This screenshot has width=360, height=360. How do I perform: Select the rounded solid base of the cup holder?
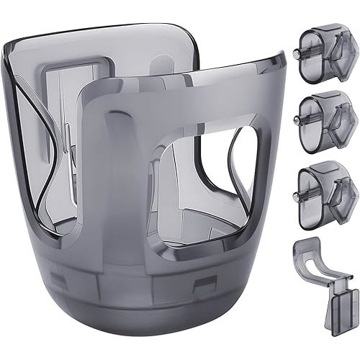(x=144, y=295)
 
